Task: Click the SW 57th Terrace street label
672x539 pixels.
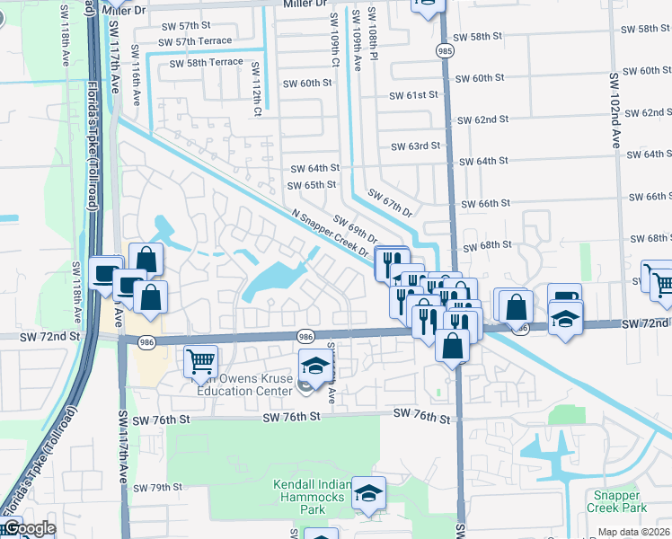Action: (x=197, y=41)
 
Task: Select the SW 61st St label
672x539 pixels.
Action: (x=414, y=95)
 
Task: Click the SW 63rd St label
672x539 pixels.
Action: (x=416, y=146)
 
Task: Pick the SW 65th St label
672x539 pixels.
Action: (x=313, y=185)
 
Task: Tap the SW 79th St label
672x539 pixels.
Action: (x=158, y=488)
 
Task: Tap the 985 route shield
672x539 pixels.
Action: (x=444, y=51)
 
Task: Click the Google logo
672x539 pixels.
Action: (x=30, y=528)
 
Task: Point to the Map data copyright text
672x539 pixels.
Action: (x=634, y=532)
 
